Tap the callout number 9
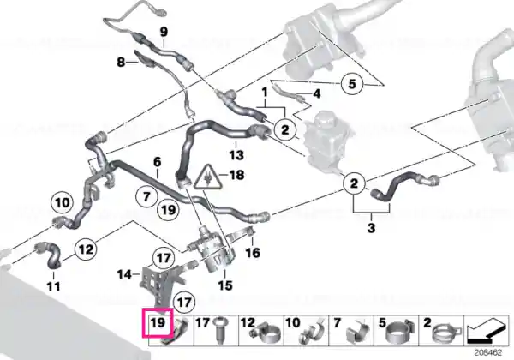coord(164,32)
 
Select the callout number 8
coord(121,62)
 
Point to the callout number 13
coord(236,154)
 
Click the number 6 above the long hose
coord(158,162)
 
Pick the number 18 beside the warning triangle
coord(237,175)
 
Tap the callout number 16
coord(253,253)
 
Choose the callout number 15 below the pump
coord(225,285)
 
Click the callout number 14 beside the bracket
coord(125,274)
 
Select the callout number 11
coord(54,286)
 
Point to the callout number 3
coord(371,227)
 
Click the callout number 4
coord(317,94)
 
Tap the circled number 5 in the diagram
coord(352,83)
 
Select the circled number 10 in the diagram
coord(63,202)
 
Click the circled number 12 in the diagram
coord(86,249)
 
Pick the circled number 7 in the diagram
coord(146,197)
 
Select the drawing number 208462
coord(488,353)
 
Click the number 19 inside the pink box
coord(158,322)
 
